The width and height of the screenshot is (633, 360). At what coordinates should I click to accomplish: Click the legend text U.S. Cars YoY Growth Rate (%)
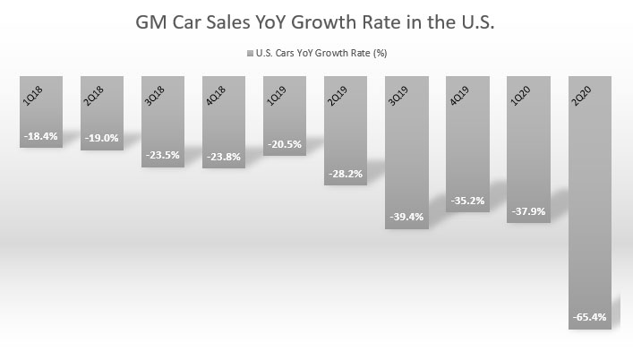point(322,53)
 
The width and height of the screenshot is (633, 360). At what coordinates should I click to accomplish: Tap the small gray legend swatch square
point(247,53)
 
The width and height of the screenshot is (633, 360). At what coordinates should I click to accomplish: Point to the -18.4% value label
point(41,135)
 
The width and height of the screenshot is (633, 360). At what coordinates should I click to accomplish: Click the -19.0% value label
point(102,138)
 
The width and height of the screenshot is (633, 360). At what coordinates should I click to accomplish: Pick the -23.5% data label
point(163,154)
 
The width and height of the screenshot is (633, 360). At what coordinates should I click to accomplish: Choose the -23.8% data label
point(224,156)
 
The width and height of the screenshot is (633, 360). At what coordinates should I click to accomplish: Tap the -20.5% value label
point(285,144)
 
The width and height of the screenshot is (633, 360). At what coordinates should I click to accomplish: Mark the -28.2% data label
point(346,174)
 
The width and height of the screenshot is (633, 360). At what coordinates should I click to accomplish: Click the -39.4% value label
point(406,218)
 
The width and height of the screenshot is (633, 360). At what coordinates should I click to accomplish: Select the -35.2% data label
point(467,201)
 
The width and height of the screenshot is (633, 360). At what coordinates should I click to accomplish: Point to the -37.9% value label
point(528,211)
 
